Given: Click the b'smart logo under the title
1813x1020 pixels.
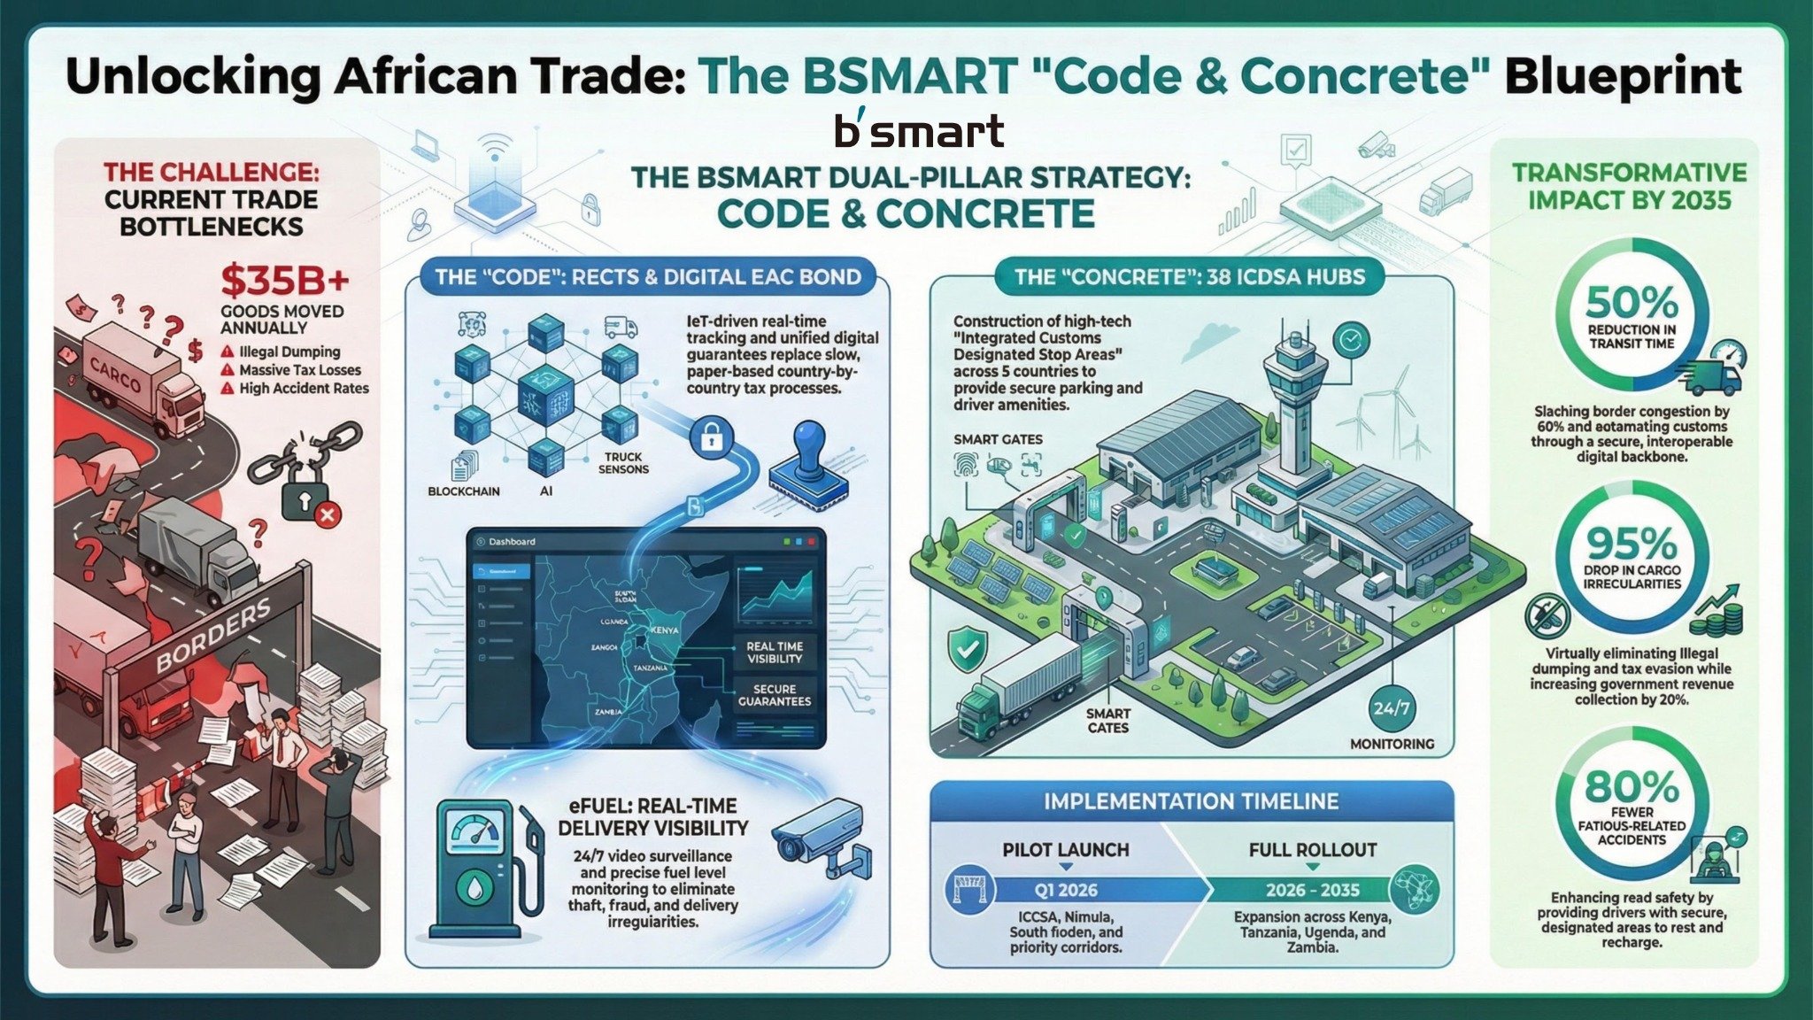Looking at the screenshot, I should pyautogui.click(x=919, y=131).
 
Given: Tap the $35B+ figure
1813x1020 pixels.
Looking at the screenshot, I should pyautogui.click(x=285, y=281).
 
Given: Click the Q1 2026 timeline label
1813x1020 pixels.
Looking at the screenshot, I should pyautogui.click(x=1066, y=890).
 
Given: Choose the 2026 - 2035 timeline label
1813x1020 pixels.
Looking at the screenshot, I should pyautogui.click(x=1312, y=890).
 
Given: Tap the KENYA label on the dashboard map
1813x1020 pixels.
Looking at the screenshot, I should pyautogui.click(x=664, y=630).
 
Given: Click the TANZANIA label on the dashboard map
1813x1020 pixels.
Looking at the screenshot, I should pyautogui.click(x=651, y=667).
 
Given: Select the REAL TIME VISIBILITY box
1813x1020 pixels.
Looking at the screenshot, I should pyautogui.click(x=775, y=653).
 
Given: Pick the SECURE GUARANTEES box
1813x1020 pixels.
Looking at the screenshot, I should pyautogui.click(x=775, y=695).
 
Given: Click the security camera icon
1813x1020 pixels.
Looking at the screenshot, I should pyautogui.click(x=819, y=838).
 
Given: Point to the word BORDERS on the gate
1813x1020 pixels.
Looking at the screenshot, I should pyautogui.click(x=212, y=635).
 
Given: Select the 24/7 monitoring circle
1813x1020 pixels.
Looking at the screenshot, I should pyautogui.click(x=1392, y=708).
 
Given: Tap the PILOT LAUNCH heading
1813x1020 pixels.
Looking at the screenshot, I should pyautogui.click(x=1066, y=850).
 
